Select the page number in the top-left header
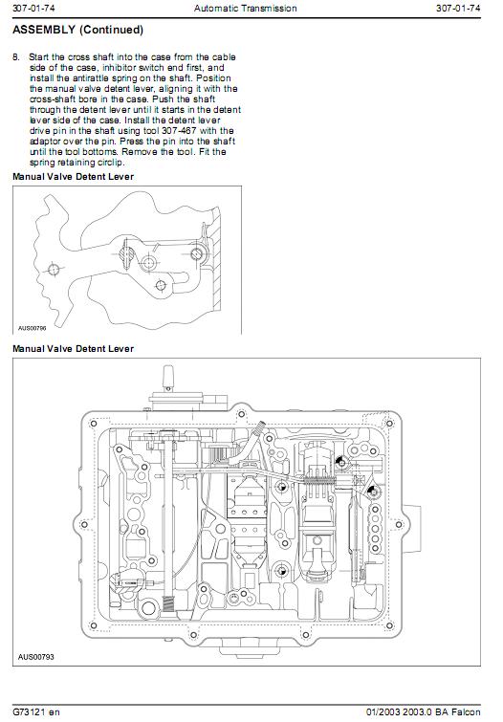pyautogui.click(x=33, y=8)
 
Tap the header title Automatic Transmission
pyautogui.click(x=245, y=8)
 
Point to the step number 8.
pyautogui.click(x=16, y=57)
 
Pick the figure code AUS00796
pyautogui.click(x=33, y=328)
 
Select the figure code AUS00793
pyautogui.click(x=36, y=657)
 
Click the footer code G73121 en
pyautogui.click(x=36, y=711)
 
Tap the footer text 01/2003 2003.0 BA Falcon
pyautogui.click(x=423, y=711)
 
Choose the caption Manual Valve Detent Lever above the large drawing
pyautogui.click(x=74, y=348)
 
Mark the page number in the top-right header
pyautogui.click(x=458, y=8)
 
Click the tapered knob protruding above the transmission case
pyautogui.click(x=167, y=378)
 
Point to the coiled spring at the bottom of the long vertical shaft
pyautogui.click(x=168, y=603)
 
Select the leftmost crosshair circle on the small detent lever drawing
pyautogui.click(x=54, y=269)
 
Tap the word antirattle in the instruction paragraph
pyautogui.click(x=90, y=78)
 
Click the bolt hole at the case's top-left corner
pyautogui.click(x=94, y=424)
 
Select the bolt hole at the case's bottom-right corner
pyautogui.click(x=389, y=626)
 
